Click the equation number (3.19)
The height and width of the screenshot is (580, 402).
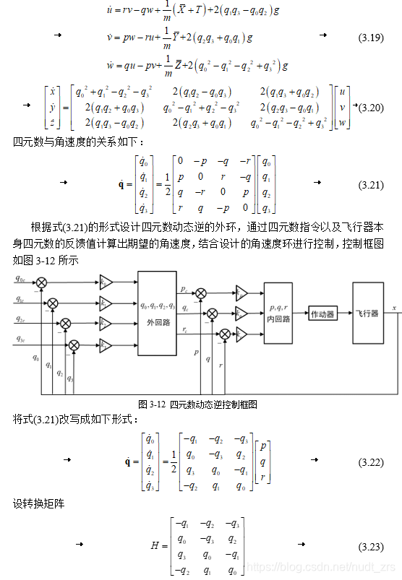(x=370, y=37)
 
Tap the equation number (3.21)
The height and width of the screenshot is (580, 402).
(x=370, y=186)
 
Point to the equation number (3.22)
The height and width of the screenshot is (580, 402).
(x=370, y=462)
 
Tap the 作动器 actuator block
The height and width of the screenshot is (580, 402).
(x=322, y=313)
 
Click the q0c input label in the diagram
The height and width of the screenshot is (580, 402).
(x=20, y=277)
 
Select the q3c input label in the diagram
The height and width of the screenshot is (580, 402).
(x=20, y=339)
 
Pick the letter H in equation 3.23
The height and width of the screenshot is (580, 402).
(x=155, y=545)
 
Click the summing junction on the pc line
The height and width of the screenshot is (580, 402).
(x=201, y=293)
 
